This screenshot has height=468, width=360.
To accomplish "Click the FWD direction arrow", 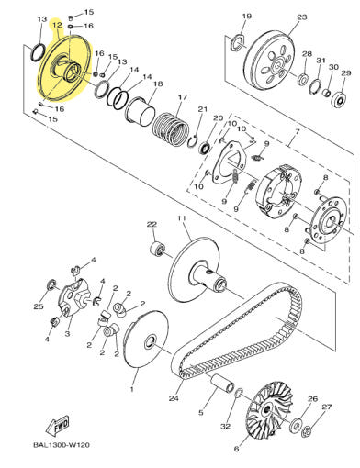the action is click(58, 427).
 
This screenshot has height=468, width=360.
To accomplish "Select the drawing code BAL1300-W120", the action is click(62, 445).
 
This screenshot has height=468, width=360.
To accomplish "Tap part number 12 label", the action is click(57, 25).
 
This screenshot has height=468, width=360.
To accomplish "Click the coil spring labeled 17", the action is click(170, 128).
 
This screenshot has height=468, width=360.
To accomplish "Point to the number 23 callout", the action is click(302, 17).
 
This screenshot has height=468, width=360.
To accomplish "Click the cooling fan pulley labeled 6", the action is click(265, 409).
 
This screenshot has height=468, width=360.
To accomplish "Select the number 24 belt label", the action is click(174, 398).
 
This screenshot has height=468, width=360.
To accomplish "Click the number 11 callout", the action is click(182, 218).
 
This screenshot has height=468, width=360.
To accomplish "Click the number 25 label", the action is click(39, 306).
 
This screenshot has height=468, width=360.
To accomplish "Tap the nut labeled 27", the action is click(307, 432).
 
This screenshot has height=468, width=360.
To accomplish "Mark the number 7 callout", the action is click(298, 132).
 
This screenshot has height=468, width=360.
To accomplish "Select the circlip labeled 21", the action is click(193, 141).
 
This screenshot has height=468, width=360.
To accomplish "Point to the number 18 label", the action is click(158, 84).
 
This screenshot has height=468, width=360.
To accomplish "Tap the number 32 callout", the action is click(225, 426).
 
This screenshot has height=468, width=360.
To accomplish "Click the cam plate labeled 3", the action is click(73, 297).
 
